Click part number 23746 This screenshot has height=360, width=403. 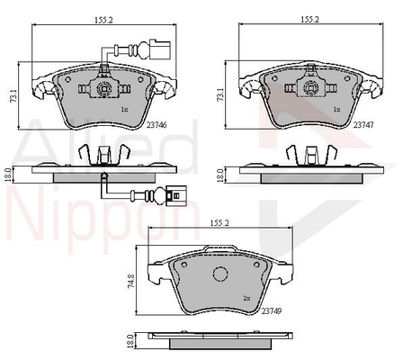[x=157, y=125]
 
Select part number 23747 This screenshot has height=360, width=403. [x=363, y=125]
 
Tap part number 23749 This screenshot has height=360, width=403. [x=272, y=311]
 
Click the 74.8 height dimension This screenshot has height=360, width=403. [x=130, y=281]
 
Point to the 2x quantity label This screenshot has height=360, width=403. [x=246, y=298]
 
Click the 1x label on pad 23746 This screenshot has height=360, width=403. [x=124, y=110]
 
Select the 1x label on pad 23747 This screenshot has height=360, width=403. [x=337, y=110]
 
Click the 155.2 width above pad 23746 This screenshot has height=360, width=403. [x=103, y=20]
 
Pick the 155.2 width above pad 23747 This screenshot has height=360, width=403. [x=310, y=19]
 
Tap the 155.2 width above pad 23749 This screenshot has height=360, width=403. [x=219, y=223]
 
